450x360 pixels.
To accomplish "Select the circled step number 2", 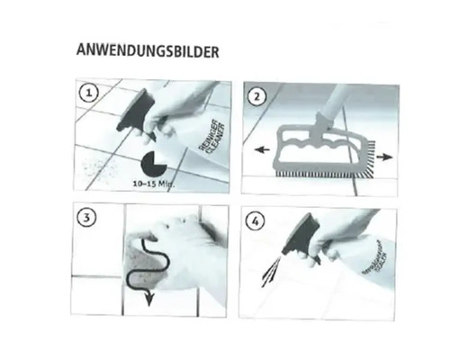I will point(257,95).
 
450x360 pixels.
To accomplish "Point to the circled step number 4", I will point(257,220).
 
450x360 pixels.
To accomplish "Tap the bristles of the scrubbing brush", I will point(324,168).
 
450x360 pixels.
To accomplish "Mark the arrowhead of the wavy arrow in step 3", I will point(148,301).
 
